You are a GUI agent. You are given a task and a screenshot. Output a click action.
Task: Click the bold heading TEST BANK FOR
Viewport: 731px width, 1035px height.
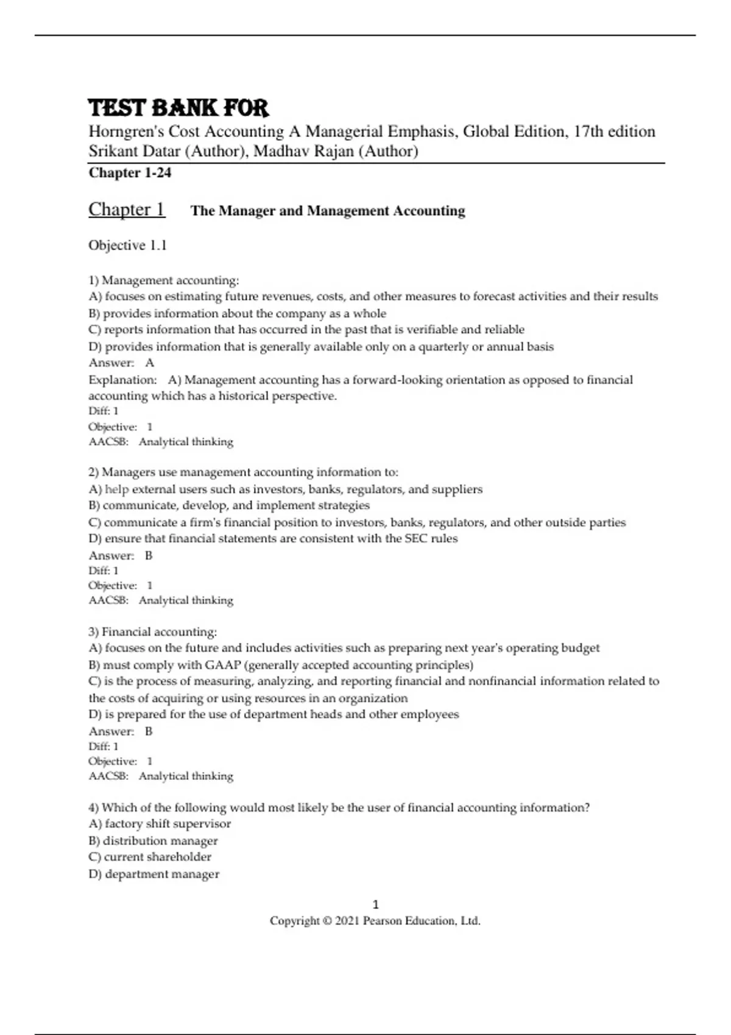pyautogui.click(x=178, y=108)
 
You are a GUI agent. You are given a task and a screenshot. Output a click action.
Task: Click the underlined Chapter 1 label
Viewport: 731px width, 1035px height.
pyautogui.click(x=127, y=209)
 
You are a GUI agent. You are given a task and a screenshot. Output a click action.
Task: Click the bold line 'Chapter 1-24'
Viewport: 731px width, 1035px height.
pyautogui.click(x=130, y=173)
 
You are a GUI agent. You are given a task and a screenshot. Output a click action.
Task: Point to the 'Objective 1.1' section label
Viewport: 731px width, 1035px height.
pyautogui.click(x=127, y=245)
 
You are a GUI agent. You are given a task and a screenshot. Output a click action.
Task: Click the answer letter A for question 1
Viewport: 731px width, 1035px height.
pyautogui.click(x=150, y=363)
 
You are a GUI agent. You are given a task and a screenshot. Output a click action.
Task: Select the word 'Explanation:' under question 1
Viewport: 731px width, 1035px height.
pyautogui.click(x=122, y=380)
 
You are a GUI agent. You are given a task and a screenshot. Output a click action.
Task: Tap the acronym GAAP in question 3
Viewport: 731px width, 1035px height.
pyautogui.click(x=223, y=665)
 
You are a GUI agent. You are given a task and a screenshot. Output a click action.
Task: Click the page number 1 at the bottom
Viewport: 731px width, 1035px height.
pyautogui.click(x=375, y=904)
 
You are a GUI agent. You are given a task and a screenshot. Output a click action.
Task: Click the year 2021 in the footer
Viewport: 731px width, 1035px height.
pyautogui.click(x=347, y=921)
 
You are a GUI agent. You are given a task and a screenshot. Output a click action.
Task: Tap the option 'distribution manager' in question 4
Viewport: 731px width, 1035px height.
pyautogui.click(x=160, y=841)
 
